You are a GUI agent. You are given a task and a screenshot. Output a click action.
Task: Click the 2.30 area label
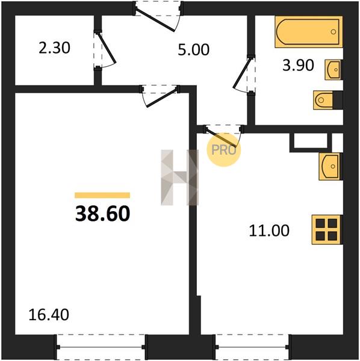click(54, 48)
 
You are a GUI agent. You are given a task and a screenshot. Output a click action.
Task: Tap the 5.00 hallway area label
click(194, 50)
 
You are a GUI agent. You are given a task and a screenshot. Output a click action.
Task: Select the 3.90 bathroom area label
click(298, 65)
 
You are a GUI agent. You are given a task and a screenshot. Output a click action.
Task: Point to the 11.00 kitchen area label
click(269, 230)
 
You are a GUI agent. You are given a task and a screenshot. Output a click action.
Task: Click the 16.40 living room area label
click(49, 315)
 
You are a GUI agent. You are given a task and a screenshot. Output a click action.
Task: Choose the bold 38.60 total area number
click(103, 214)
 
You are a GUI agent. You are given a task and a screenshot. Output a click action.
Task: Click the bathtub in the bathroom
click(309, 32)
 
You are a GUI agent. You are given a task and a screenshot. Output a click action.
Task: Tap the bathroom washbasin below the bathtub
click(334, 70)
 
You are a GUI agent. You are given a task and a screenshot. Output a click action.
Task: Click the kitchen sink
click(331, 167)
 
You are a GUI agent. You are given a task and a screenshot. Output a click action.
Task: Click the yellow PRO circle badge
click(224, 150)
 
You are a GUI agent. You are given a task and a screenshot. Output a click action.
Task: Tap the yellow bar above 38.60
click(102, 195)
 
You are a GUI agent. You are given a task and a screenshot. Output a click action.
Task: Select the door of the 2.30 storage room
click(105, 49)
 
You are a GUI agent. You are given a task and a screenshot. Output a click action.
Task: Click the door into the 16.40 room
click(162, 97)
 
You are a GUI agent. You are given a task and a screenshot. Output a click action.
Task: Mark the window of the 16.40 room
click(101, 347)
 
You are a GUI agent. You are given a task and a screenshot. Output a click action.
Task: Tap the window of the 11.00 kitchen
click(253, 347)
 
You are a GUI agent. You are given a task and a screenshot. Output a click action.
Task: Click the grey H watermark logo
click(179, 177)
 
